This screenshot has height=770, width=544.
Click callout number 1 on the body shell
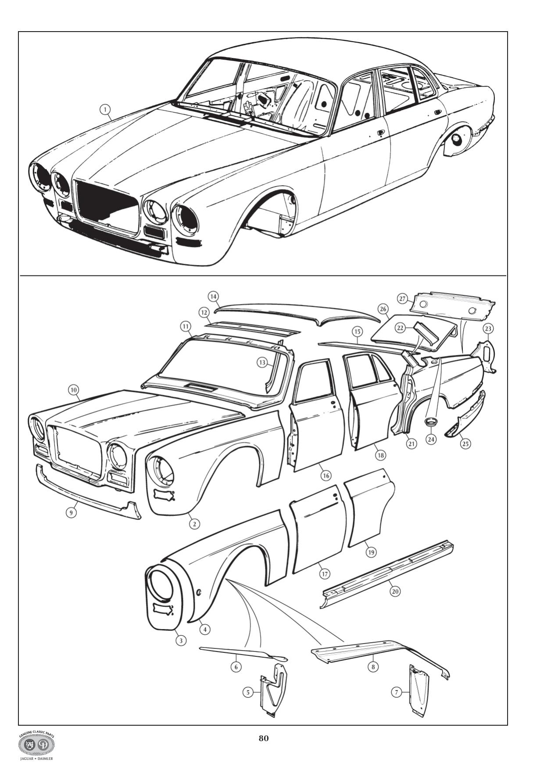pyautogui.click(x=105, y=109)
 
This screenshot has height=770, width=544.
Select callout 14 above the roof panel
pyautogui.click(x=213, y=297)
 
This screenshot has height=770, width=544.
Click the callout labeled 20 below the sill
pyautogui.click(x=395, y=591)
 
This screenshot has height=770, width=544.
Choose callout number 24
pyautogui.click(x=431, y=438)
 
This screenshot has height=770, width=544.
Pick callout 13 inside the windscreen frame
pyautogui.click(x=262, y=362)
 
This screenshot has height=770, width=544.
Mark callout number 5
pyautogui.click(x=248, y=692)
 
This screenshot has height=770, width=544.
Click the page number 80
pyautogui.click(x=263, y=738)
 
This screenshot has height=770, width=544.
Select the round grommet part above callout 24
pyautogui.click(x=431, y=422)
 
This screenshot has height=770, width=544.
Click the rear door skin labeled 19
pyautogui.click(x=369, y=509)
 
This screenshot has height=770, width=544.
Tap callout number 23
pyautogui.click(x=488, y=329)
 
